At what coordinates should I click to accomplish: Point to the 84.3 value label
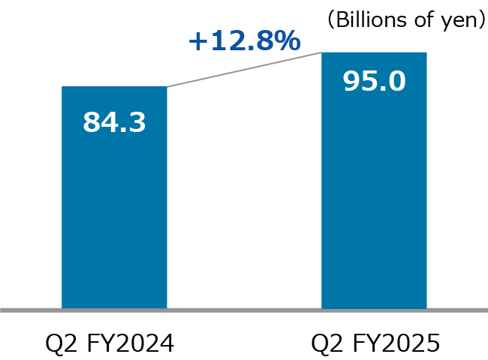coord(114,121)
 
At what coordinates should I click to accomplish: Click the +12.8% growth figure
coord(243,40)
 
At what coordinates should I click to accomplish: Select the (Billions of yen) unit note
coord(406,20)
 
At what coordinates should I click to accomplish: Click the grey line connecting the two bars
coord(244,69)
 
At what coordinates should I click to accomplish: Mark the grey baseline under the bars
coord(244,309)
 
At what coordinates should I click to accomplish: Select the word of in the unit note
coord(418,20)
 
